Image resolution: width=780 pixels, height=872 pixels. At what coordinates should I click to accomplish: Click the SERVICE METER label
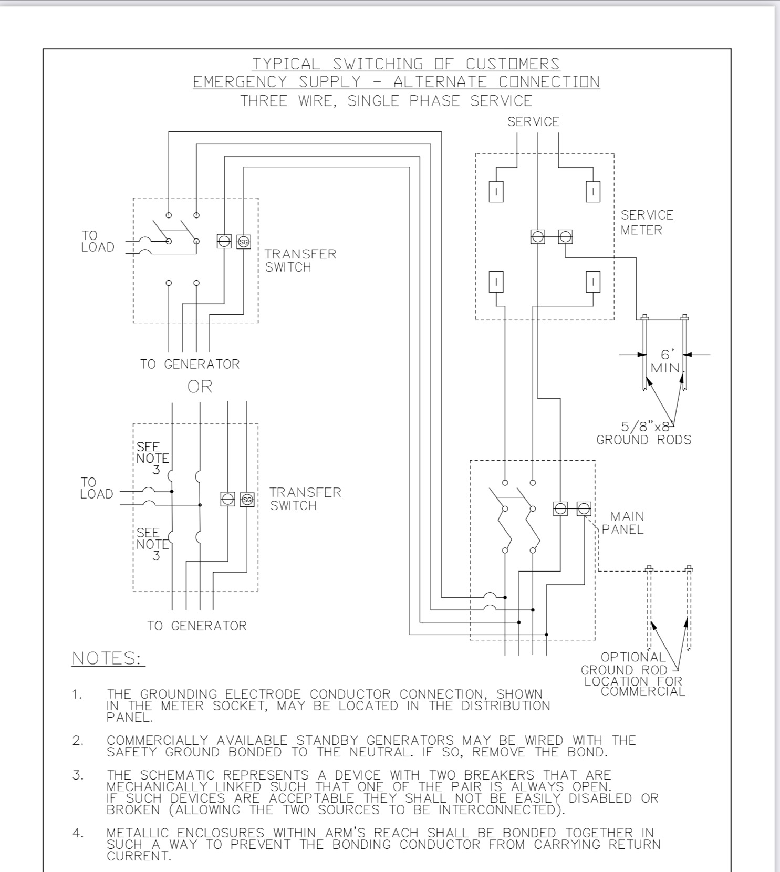pyautogui.click(x=647, y=222)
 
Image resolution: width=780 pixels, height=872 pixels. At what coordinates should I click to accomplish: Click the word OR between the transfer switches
pyautogui.click(x=200, y=387)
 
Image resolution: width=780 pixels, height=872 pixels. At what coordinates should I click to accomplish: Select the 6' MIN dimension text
pyautogui.click(x=667, y=361)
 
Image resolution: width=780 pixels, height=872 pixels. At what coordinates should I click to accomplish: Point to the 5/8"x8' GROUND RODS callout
pyautogui.click(x=644, y=433)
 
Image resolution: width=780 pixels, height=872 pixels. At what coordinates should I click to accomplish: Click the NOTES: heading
pyautogui.click(x=108, y=658)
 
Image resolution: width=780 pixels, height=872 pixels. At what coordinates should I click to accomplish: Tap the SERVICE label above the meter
pyautogui.click(x=533, y=121)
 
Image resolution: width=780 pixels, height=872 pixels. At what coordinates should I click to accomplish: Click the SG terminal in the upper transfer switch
pyautogui.click(x=243, y=242)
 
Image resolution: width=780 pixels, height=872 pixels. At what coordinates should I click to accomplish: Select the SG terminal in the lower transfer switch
pyautogui.click(x=247, y=499)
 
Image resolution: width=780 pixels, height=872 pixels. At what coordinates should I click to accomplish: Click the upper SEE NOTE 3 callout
pyautogui.click(x=152, y=458)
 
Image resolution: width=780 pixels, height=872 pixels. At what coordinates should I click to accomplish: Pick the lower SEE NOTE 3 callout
pyautogui.click(x=152, y=544)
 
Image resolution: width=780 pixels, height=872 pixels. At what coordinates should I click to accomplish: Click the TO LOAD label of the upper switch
pyautogui.click(x=98, y=241)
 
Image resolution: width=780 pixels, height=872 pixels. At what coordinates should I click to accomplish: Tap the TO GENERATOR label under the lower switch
pyautogui.click(x=196, y=626)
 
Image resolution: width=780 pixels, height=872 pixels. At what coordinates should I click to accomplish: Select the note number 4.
pyautogui.click(x=78, y=833)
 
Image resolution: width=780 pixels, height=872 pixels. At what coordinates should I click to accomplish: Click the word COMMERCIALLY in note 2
pyautogui.click(x=157, y=741)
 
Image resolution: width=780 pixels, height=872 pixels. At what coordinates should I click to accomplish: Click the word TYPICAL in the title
pyautogui.click(x=286, y=64)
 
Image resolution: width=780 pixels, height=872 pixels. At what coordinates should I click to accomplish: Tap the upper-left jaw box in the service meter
pyautogui.click(x=496, y=191)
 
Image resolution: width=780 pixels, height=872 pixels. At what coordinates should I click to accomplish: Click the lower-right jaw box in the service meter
pyautogui.click(x=592, y=282)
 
